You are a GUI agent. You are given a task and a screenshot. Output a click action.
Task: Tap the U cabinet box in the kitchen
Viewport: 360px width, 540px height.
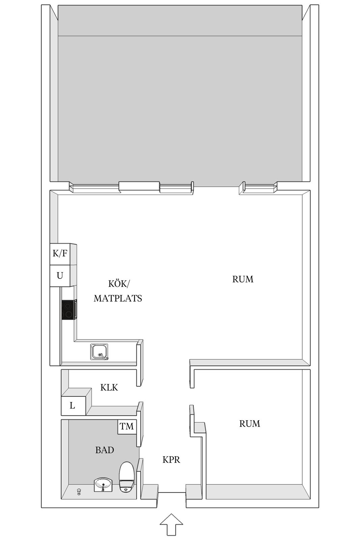pos(60,276)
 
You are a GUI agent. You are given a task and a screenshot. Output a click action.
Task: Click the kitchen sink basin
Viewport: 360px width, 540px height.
pos(99,352)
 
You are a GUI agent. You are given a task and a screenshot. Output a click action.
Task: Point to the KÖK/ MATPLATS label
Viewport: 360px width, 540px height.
pos(118,291)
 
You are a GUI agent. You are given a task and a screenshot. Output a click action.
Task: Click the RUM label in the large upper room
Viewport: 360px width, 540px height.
pos(243,279)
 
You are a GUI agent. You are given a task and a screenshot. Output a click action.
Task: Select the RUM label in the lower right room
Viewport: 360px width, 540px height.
pos(250,424)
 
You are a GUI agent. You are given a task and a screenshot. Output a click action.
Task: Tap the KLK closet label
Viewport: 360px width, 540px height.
pos(109,387)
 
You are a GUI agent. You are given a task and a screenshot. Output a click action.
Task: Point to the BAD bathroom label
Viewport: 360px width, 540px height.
pos(105,450)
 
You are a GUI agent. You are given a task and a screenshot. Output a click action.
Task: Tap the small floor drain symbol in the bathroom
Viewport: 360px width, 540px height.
pos(79,491)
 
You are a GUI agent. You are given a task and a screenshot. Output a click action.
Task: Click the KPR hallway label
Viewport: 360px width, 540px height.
pos(171,460)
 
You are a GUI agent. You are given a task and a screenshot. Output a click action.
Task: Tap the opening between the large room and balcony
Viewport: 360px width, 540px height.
pos(216,188)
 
